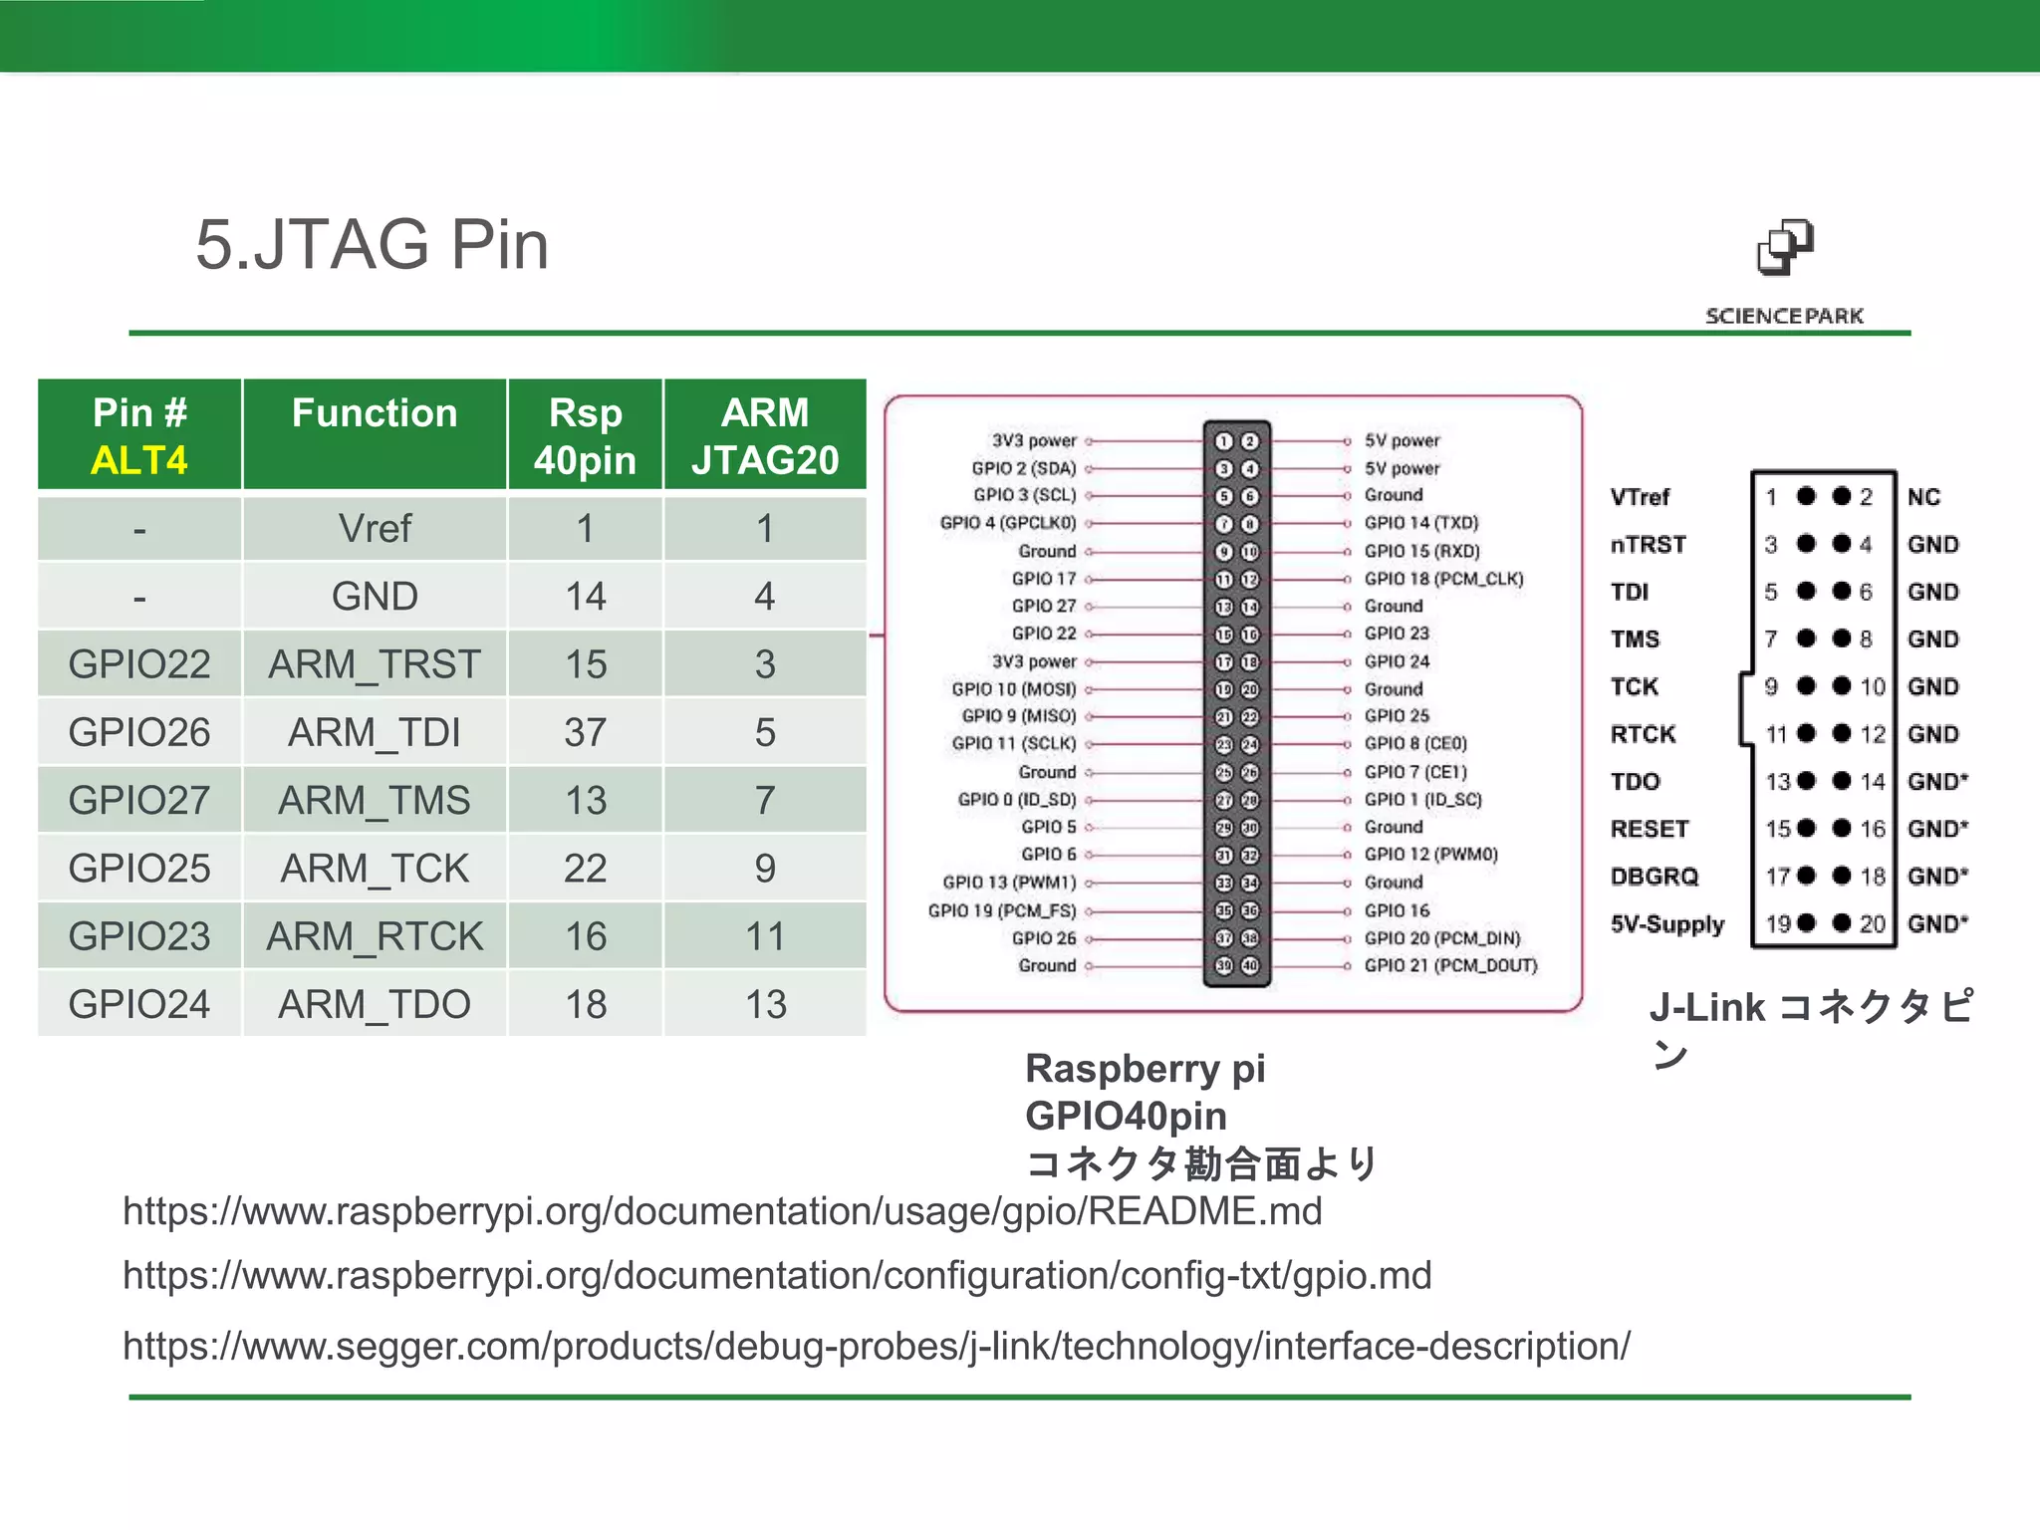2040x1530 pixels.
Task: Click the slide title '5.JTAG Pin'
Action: point(372,245)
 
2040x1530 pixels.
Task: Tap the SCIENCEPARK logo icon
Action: point(1785,248)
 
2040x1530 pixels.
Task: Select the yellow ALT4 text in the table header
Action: point(139,460)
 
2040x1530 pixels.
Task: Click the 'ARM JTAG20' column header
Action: point(765,436)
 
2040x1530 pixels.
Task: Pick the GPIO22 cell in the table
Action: point(139,664)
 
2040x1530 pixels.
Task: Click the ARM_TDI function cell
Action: point(375,732)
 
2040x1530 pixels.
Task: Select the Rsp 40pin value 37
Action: point(586,732)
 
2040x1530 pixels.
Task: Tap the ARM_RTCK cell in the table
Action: point(375,936)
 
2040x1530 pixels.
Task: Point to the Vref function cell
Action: point(375,528)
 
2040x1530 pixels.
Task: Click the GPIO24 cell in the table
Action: point(139,1004)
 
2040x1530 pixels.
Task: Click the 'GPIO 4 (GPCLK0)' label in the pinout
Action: point(1008,523)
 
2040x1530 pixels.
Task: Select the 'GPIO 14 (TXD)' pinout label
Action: point(1421,523)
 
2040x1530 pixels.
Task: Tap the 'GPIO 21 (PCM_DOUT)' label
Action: point(1451,965)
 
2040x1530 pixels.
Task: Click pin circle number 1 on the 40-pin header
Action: point(1224,441)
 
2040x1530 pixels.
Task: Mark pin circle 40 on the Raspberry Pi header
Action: point(1250,965)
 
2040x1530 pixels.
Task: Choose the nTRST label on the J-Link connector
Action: point(1649,545)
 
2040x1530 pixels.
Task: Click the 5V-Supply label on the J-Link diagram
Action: point(1667,924)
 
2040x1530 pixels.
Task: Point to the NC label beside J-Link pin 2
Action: point(1924,497)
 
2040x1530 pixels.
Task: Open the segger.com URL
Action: point(877,1346)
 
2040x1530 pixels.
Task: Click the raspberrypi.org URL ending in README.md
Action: point(722,1211)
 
